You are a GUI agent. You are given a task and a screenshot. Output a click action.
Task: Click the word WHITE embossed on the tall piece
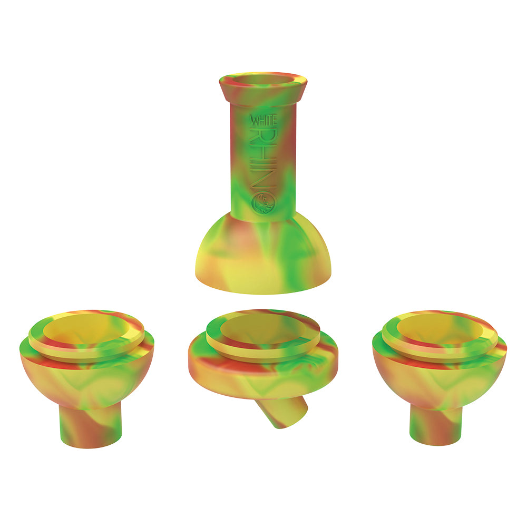[x=263, y=120]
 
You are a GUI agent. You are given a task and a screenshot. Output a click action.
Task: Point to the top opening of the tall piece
[x=263, y=80]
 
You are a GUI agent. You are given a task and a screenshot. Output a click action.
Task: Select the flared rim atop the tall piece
[x=263, y=88]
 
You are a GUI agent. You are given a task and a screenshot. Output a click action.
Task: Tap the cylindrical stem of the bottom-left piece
[x=90, y=426]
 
